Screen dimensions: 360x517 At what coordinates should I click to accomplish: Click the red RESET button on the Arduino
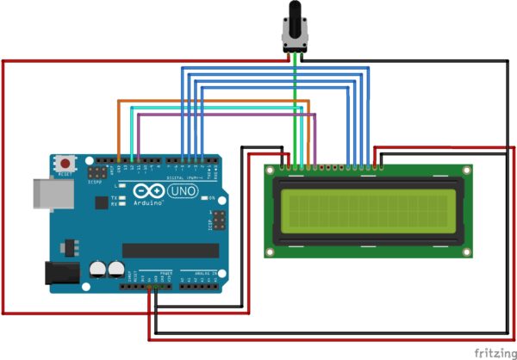(x=65, y=163)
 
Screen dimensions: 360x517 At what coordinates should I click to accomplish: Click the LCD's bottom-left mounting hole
(x=271, y=252)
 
